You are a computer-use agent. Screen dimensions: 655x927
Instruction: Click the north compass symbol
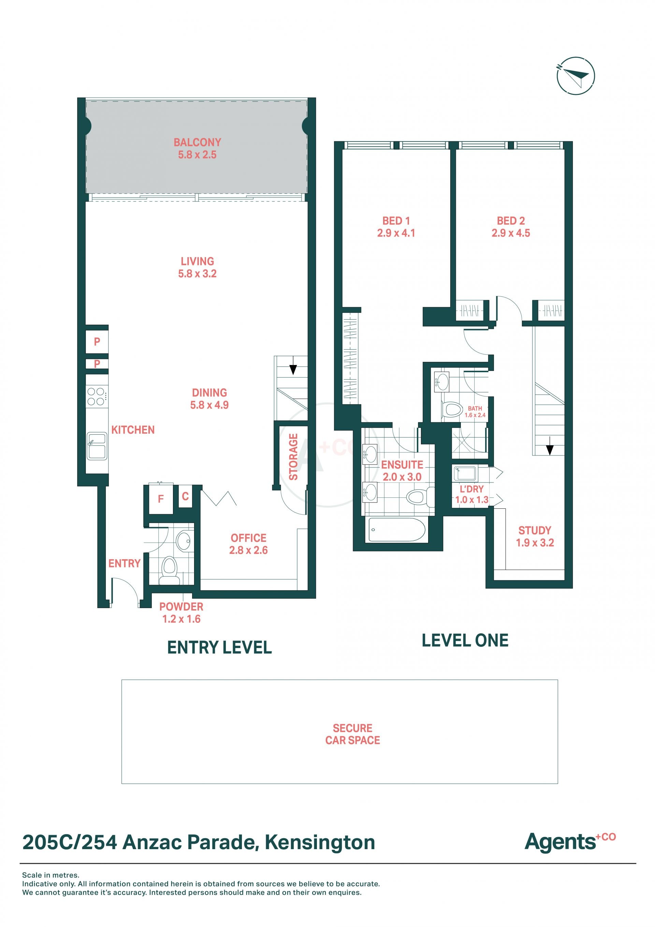(x=576, y=76)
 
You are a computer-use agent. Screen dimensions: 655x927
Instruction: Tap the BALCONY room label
(x=197, y=142)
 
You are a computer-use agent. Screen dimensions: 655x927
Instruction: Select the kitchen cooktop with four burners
(x=97, y=396)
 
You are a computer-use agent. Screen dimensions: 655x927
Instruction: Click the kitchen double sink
(x=97, y=447)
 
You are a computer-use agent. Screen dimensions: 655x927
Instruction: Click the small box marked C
(x=185, y=496)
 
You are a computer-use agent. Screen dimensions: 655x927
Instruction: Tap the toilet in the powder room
(x=170, y=570)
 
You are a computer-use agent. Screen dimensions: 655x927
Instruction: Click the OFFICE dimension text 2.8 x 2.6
(x=248, y=550)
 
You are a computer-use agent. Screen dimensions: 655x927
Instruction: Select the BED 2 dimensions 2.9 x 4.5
(x=511, y=233)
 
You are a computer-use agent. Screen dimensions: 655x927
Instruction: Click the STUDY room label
(x=535, y=530)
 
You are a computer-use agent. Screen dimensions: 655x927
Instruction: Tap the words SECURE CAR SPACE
(x=352, y=734)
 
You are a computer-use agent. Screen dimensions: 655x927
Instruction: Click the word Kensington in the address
(x=320, y=843)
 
